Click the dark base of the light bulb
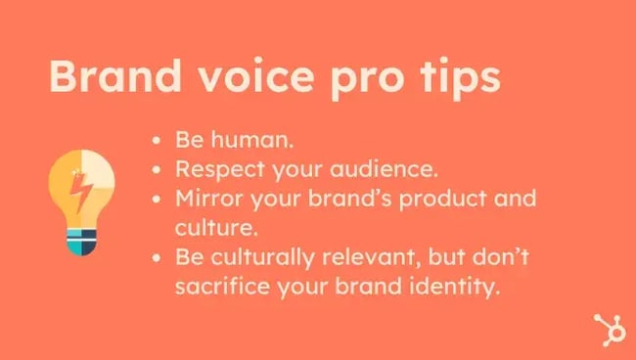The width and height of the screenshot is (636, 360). [x=80, y=245]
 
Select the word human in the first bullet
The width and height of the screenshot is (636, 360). [x=245, y=139]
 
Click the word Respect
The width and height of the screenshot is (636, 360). [x=218, y=169]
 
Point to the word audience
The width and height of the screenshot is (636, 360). [x=385, y=169]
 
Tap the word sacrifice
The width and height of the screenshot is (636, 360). [x=216, y=288]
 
